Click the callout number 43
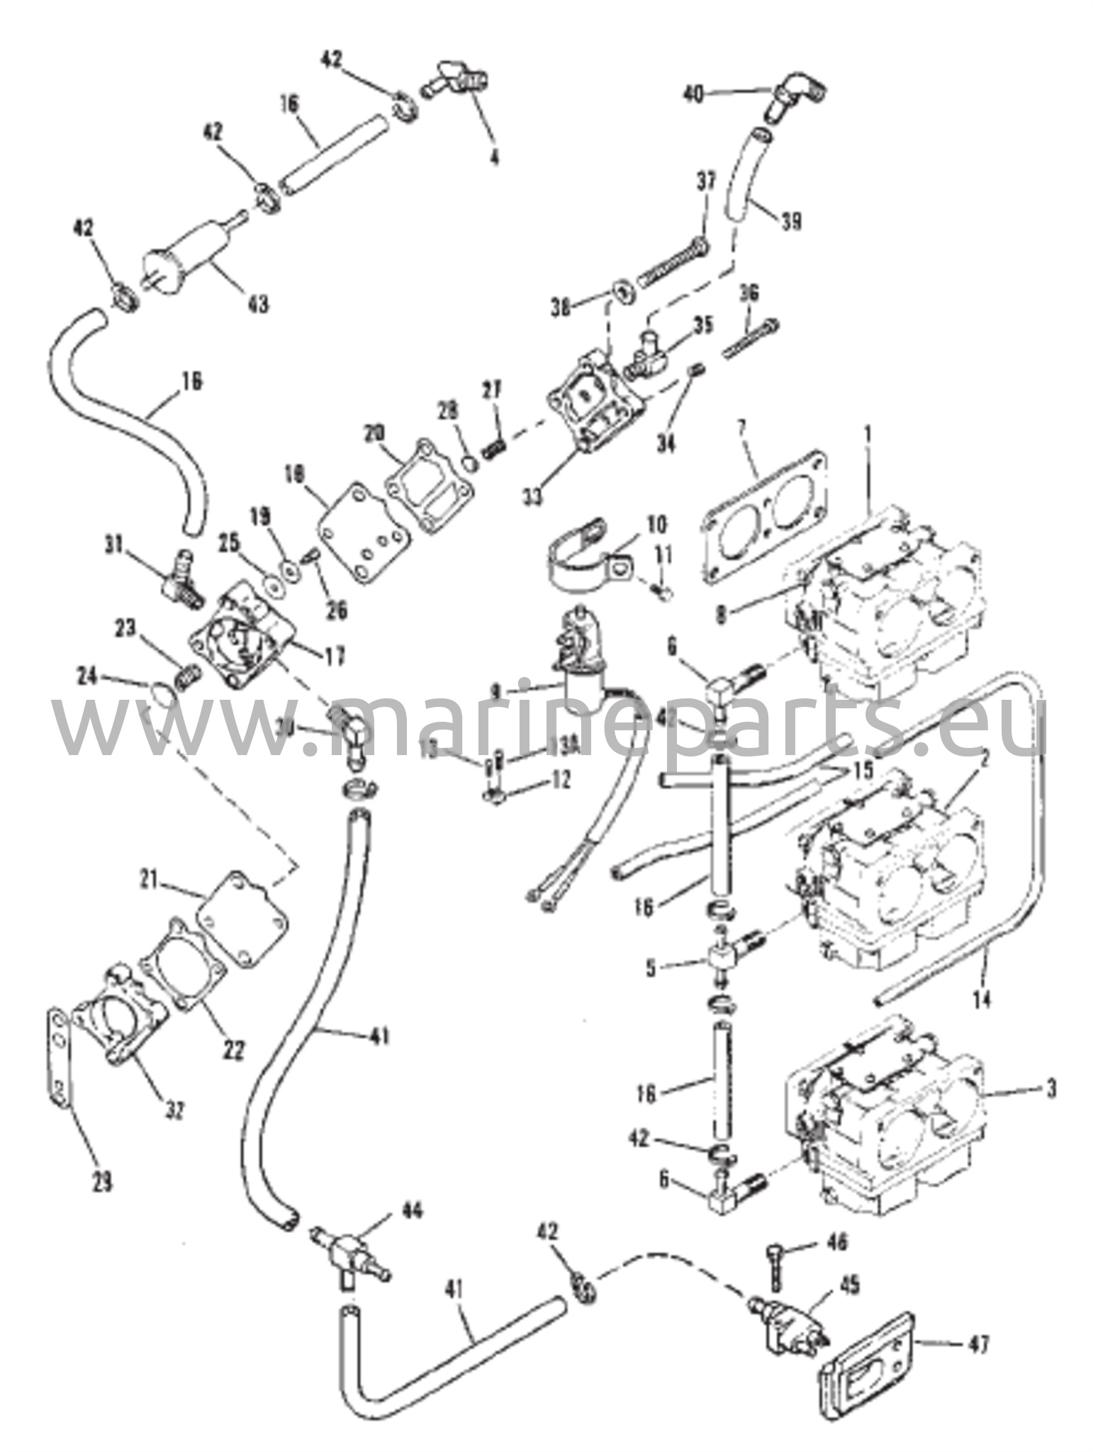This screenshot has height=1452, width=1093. coord(257,304)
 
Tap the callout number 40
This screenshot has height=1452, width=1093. coord(695,94)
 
